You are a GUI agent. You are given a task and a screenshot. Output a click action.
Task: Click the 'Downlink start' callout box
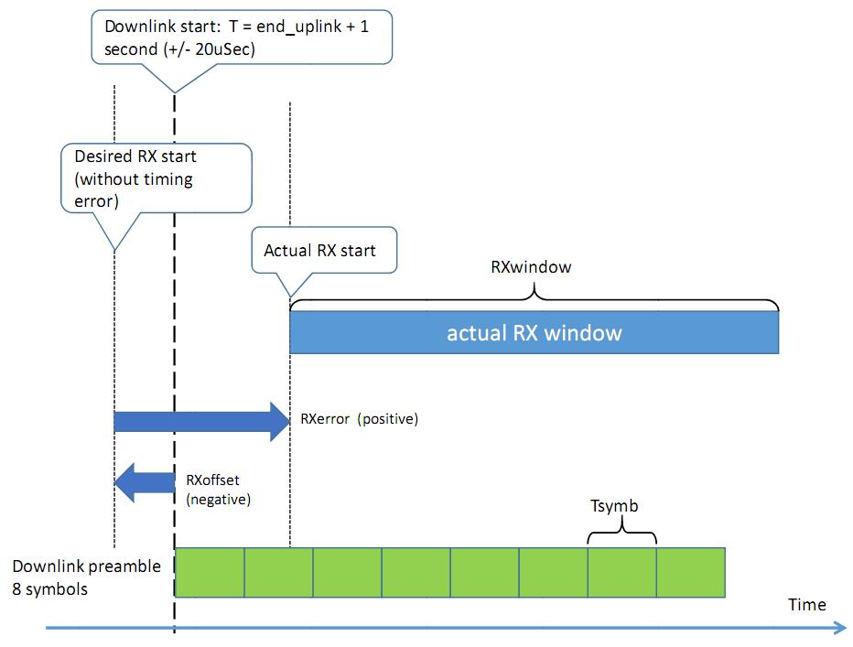(242, 37)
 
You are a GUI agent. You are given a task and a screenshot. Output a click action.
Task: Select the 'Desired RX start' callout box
(157, 178)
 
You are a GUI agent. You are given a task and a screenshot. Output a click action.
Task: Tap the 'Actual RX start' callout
(324, 250)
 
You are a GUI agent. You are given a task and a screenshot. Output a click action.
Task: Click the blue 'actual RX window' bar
(534, 332)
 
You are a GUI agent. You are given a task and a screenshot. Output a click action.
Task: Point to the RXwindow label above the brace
(531, 266)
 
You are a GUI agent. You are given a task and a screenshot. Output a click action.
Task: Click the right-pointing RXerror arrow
(202, 422)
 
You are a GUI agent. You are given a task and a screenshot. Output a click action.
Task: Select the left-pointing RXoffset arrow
(145, 482)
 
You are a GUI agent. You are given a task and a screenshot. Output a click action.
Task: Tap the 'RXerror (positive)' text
(359, 418)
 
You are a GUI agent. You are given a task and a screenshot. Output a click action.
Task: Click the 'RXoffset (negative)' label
(218, 490)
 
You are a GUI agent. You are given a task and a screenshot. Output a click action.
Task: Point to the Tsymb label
(614, 505)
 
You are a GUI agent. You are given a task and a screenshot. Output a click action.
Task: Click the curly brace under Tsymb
(622, 531)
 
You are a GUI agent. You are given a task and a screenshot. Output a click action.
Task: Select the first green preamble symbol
(210, 573)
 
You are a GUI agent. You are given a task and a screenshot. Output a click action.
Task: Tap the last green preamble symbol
(691, 573)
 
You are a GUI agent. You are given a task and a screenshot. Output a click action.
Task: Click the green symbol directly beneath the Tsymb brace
(622, 573)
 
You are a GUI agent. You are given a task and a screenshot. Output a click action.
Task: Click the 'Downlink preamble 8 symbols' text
(87, 577)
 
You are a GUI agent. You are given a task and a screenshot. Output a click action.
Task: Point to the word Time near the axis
(806, 605)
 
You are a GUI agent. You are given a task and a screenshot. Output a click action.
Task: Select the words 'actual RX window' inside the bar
(534, 332)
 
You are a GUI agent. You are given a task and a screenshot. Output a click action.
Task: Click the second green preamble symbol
(278, 573)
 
